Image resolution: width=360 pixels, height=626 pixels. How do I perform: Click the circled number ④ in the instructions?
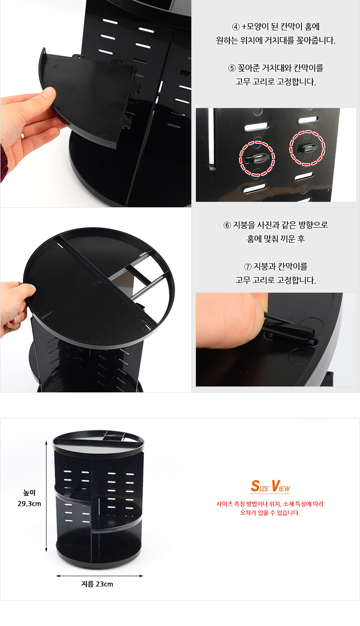236,27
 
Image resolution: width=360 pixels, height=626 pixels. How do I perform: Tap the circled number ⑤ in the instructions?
232,68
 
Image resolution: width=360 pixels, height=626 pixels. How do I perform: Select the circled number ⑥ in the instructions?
227,225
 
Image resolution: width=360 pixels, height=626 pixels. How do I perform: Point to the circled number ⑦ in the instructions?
248,267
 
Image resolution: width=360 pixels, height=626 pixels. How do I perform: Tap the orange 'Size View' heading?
270,486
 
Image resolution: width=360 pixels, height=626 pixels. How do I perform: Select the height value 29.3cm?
29,504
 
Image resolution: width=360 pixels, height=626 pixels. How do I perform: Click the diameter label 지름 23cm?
97,584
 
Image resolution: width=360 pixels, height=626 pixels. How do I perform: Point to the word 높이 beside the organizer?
29,493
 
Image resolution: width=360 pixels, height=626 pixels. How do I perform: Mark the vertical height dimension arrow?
46,496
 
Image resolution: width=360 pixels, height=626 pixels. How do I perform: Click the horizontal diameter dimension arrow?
100,576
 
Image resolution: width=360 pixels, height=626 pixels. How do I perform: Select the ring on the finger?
22,137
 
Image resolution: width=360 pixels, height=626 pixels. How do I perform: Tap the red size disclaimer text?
270,508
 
